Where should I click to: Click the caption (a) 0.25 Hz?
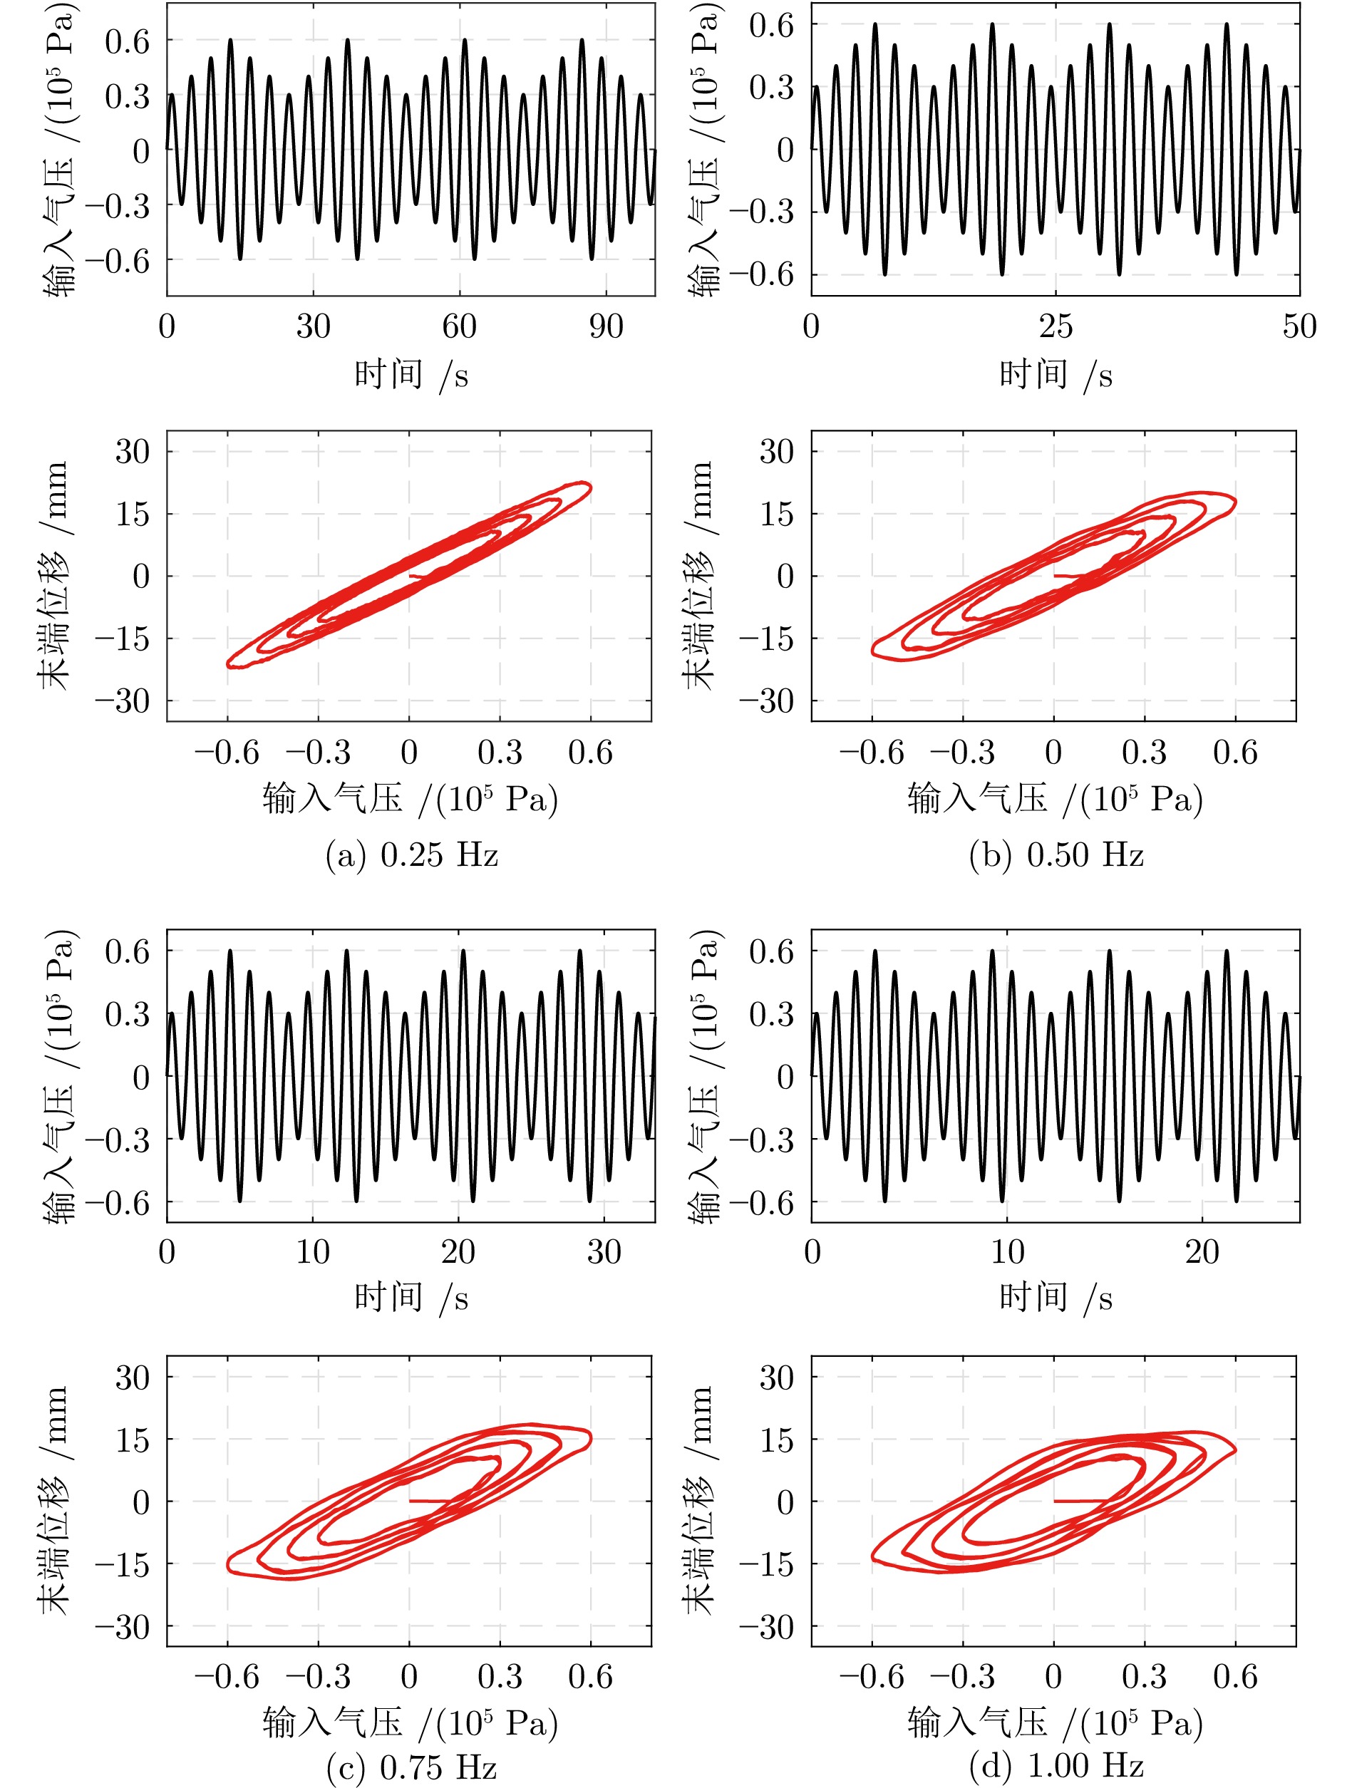pos(411,854)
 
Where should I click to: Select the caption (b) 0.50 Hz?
pos(1056,854)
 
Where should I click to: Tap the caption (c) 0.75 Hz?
pos(411,1768)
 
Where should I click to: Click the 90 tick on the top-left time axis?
pos(606,326)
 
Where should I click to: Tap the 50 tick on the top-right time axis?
pos(1299,326)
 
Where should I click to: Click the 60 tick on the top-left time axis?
pos(459,326)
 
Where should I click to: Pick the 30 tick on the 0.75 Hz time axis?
pos(604,1252)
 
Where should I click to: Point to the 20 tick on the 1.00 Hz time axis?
pos(1202,1252)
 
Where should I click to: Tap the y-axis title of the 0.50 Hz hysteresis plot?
pos(699,576)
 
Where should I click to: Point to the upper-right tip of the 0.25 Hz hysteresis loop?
pos(589,487)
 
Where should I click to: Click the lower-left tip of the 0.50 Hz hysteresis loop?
pos(874,649)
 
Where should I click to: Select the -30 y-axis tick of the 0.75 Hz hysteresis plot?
pos(122,1627)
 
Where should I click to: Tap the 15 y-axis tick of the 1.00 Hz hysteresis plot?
pos(776,1440)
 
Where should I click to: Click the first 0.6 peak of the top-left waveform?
pos(230,40)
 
